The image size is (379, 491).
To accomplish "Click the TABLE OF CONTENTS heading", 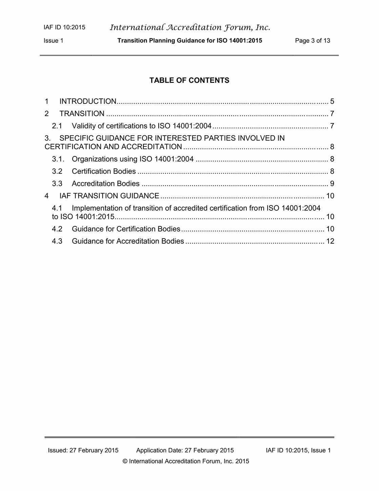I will [x=189, y=80].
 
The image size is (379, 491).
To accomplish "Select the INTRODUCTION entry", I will [x=88, y=101].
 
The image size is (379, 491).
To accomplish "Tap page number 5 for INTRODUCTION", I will [x=332, y=101].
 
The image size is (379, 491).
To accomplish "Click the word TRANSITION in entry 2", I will [x=82, y=114].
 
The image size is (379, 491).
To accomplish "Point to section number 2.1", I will [x=57, y=126].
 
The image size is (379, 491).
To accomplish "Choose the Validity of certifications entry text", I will [x=141, y=126].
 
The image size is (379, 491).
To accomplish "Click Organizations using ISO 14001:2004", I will [x=133, y=159].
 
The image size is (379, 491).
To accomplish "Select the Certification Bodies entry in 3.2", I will [x=104, y=171].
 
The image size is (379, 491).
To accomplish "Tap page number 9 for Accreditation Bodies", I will [x=332, y=184].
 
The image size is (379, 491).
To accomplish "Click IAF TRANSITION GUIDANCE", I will [x=109, y=196].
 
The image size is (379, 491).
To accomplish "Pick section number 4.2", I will [x=57, y=229].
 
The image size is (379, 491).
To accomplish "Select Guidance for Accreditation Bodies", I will [x=128, y=241].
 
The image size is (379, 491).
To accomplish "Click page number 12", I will [x=330, y=241].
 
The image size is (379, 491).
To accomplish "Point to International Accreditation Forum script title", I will [x=190, y=27].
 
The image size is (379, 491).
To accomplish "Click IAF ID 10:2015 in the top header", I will [x=64, y=27].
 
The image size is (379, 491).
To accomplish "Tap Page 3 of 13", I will [x=312, y=41].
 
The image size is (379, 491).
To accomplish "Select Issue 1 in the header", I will [x=54, y=41].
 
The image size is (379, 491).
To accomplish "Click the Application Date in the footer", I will [x=185, y=450].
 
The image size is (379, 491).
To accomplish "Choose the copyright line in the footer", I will [x=186, y=461].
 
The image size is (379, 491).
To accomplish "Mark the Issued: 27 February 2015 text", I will [x=83, y=450].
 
